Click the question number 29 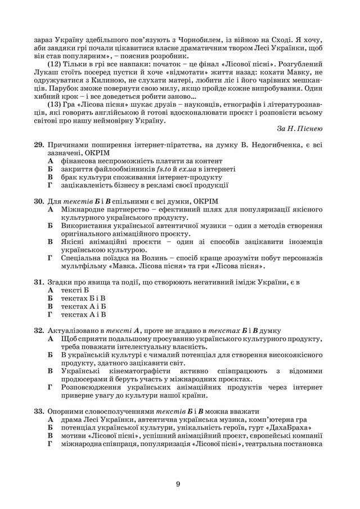(39, 145)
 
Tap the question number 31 (39, 281)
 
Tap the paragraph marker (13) (57, 104)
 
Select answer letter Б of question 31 (50, 298)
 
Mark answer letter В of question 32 (50, 371)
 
